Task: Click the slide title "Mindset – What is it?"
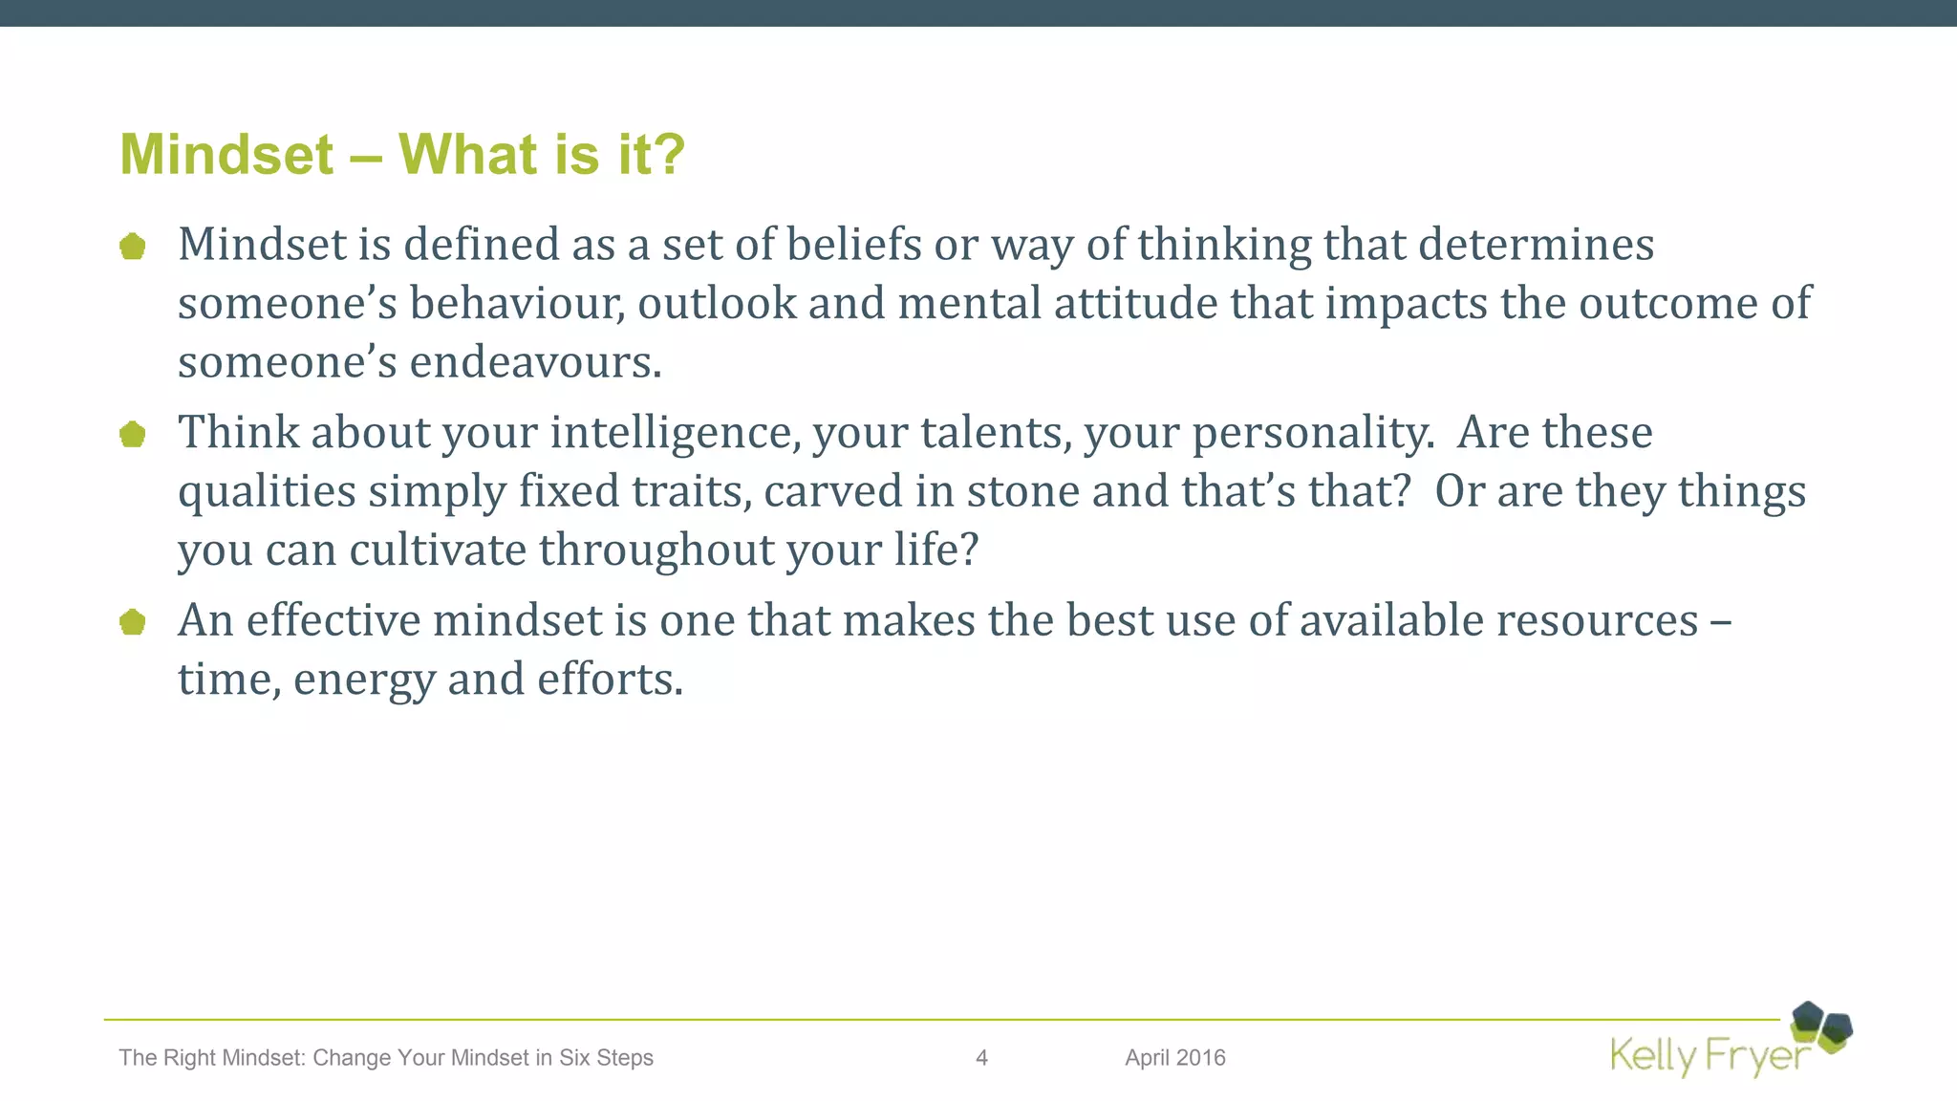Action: [402, 154]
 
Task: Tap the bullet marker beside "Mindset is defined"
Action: [133, 247]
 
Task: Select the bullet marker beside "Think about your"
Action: [133, 435]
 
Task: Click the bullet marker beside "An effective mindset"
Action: [133, 623]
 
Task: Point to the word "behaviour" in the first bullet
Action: [517, 304]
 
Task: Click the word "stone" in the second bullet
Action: [1023, 491]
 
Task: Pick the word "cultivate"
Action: [438, 550]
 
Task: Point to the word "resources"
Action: [1597, 621]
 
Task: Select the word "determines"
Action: [1536, 245]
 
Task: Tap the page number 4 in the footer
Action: [981, 1058]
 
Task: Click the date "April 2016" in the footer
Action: [1174, 1058]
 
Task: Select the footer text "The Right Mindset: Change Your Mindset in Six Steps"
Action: [386, 1058]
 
